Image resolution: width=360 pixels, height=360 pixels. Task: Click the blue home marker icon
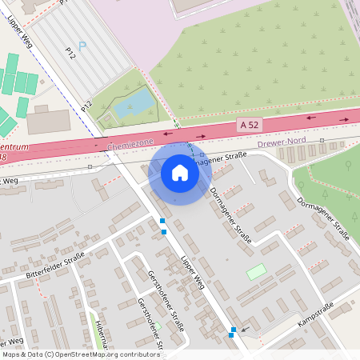point(180,172)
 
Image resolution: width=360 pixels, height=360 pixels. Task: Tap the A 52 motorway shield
point(249,126)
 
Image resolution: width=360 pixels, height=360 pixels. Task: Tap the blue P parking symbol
point(82,46)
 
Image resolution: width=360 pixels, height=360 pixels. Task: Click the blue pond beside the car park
point(135,102)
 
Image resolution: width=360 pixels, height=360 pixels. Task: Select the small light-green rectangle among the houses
point(256,271)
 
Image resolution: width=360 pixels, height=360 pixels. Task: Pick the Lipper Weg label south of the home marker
point(194,273)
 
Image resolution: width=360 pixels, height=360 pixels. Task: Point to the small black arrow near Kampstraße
point(245,328)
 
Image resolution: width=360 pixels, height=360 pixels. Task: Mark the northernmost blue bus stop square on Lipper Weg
point(162,221)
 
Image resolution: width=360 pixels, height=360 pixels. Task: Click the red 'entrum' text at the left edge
point(15,148)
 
